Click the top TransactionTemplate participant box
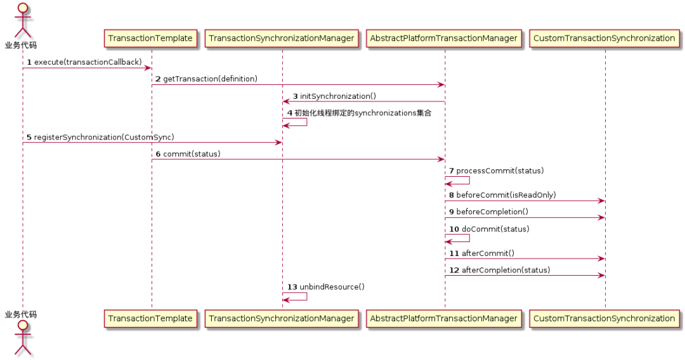150,38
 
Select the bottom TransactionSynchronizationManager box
282,318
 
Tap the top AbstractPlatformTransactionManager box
443,38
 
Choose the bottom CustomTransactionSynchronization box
604,318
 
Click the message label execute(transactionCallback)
88,62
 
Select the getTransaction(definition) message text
210,79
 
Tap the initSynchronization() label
338,96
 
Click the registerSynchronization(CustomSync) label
104,137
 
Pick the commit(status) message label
192,154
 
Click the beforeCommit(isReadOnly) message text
506,195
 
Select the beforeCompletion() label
492,212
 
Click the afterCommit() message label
487,253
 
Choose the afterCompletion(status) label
506,270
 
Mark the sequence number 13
292,286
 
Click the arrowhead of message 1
148,68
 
